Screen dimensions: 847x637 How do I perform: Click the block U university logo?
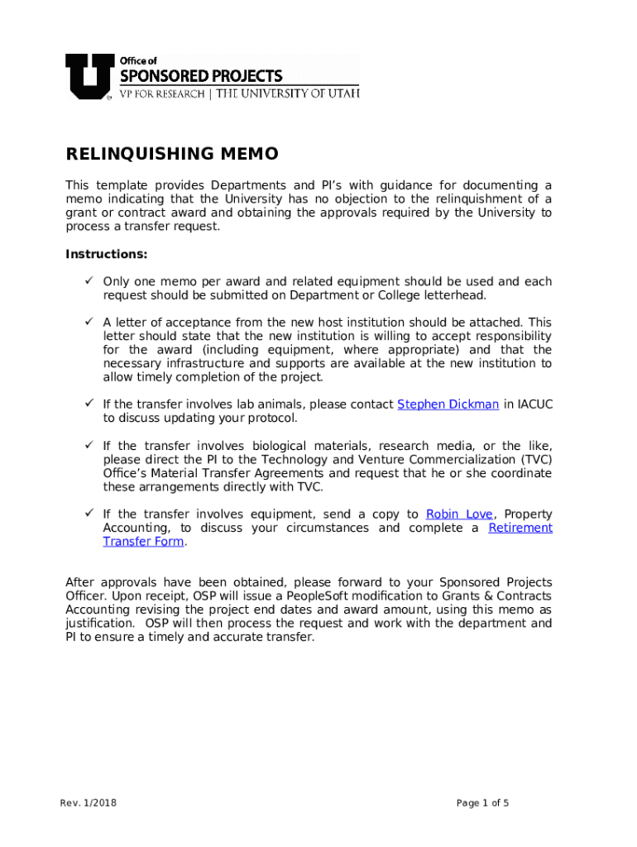point(88,76)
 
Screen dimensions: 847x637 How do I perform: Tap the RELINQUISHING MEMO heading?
point(172,155)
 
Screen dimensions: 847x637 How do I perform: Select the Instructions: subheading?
point(107,254)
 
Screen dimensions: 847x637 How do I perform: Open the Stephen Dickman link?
point(448,404)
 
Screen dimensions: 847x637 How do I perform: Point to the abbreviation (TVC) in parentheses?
point(536,460)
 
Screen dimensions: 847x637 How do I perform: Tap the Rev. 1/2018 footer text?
point(88,802)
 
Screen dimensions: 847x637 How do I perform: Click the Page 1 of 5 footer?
point(483,802)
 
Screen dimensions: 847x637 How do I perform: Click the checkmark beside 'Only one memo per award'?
point(87,282)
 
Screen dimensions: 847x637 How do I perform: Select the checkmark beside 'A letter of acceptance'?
point(87,322)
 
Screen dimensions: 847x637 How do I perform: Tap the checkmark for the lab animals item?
point(87,404)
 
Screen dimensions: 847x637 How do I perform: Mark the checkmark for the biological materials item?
point(87,446)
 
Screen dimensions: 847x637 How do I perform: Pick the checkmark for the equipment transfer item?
point(87,514)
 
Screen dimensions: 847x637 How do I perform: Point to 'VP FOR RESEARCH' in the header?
point(163,94)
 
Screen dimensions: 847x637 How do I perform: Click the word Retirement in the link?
point(520,528)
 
